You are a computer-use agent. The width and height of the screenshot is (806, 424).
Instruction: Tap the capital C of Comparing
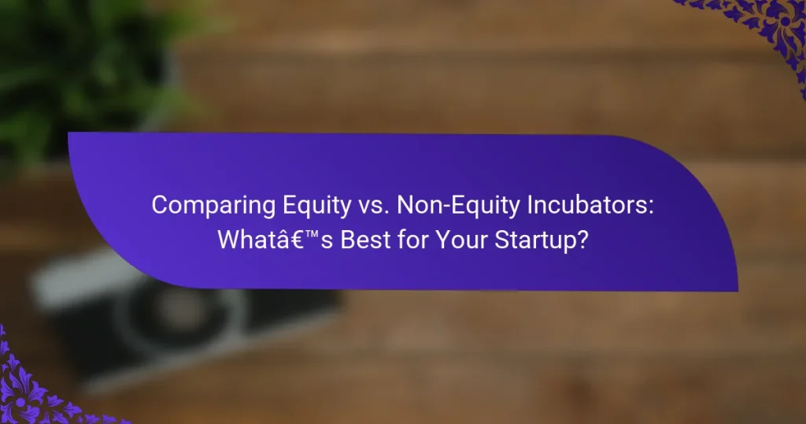[x=158, y=205]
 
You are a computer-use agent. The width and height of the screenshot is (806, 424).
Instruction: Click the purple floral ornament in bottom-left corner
[x=39, y=386]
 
